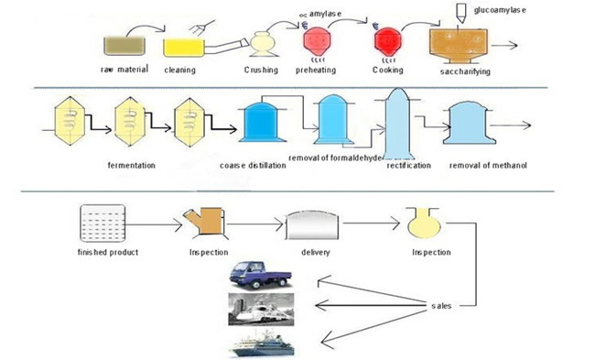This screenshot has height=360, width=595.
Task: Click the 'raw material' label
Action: (x=121, y=70)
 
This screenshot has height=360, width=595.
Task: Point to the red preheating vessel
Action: (x=316, y=41)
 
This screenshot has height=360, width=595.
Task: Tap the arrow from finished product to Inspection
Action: (x=152, y=223)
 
